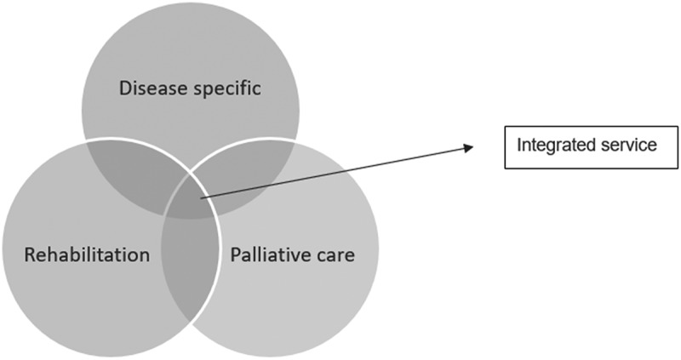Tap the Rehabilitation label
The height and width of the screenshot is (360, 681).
(89, 254)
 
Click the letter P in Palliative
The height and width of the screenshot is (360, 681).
(237, 254)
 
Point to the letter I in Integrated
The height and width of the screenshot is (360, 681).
(521, 146)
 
